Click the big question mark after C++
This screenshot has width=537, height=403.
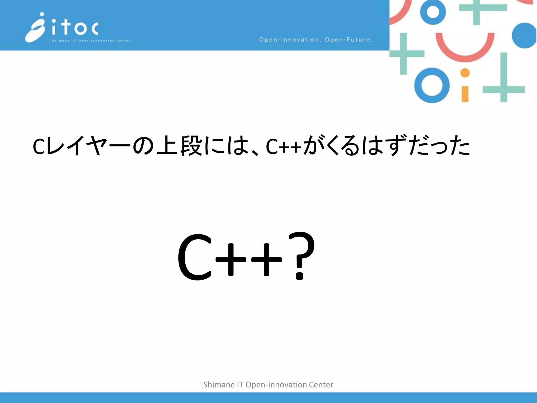pyautogui.click(x=302, y=256)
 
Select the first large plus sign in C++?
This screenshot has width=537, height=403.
pyautogui.click(x=231, y=260)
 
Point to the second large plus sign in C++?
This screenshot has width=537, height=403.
pyautogui.click(x=266, y=260)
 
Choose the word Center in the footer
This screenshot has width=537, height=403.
pyautogui.click(x=321, y=385)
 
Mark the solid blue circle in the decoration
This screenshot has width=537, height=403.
pyautogui.click(x=524, y=36)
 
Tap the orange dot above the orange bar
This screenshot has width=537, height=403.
pyautogui.click(x=465, y=73)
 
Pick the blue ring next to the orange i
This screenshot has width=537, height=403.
pyautogui.click(x=432, y=86)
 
